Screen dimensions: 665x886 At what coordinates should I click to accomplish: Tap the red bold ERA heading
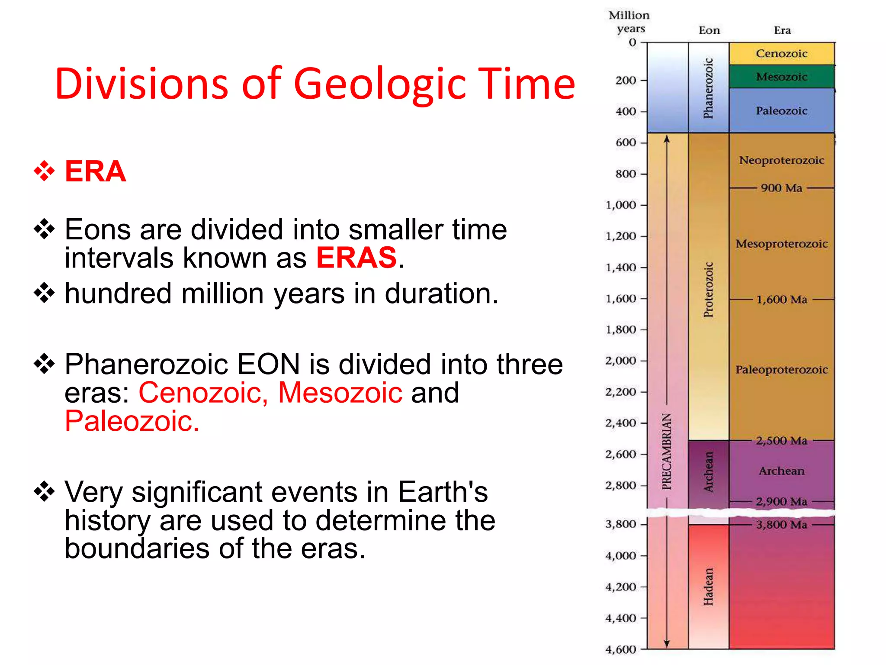point(95,171)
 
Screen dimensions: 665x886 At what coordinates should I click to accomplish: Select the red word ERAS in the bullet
point(356,258)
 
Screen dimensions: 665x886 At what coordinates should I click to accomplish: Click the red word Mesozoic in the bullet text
point(340,393)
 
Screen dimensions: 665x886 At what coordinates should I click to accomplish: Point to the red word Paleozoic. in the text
point(132,421)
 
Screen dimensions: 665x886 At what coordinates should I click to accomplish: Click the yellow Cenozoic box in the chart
point(781,54)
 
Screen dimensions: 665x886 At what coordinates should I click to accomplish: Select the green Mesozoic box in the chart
point(781,77)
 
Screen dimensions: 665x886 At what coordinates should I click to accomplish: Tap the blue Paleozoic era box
point(781,111)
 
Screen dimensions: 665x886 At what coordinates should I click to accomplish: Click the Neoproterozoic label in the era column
point(781,160)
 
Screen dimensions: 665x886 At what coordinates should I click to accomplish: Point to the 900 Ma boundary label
point(781,188)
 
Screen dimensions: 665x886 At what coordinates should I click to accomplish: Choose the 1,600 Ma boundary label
point(781,300)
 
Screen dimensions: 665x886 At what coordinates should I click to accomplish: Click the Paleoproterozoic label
point(781,370)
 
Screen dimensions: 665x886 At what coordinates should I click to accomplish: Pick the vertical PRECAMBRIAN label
point(667,451)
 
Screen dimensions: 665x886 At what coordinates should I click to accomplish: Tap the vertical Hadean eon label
point(708,586)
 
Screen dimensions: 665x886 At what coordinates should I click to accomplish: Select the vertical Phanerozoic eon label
point(708,88)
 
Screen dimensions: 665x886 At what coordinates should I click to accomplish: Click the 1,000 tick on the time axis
point(621,205)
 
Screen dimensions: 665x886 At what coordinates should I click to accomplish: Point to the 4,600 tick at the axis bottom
point(621,649)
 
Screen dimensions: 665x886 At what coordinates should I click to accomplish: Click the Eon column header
point(709,30)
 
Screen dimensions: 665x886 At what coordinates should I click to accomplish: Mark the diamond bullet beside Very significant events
point(44,491)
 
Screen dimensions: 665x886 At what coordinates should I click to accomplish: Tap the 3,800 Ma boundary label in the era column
point(781,525)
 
